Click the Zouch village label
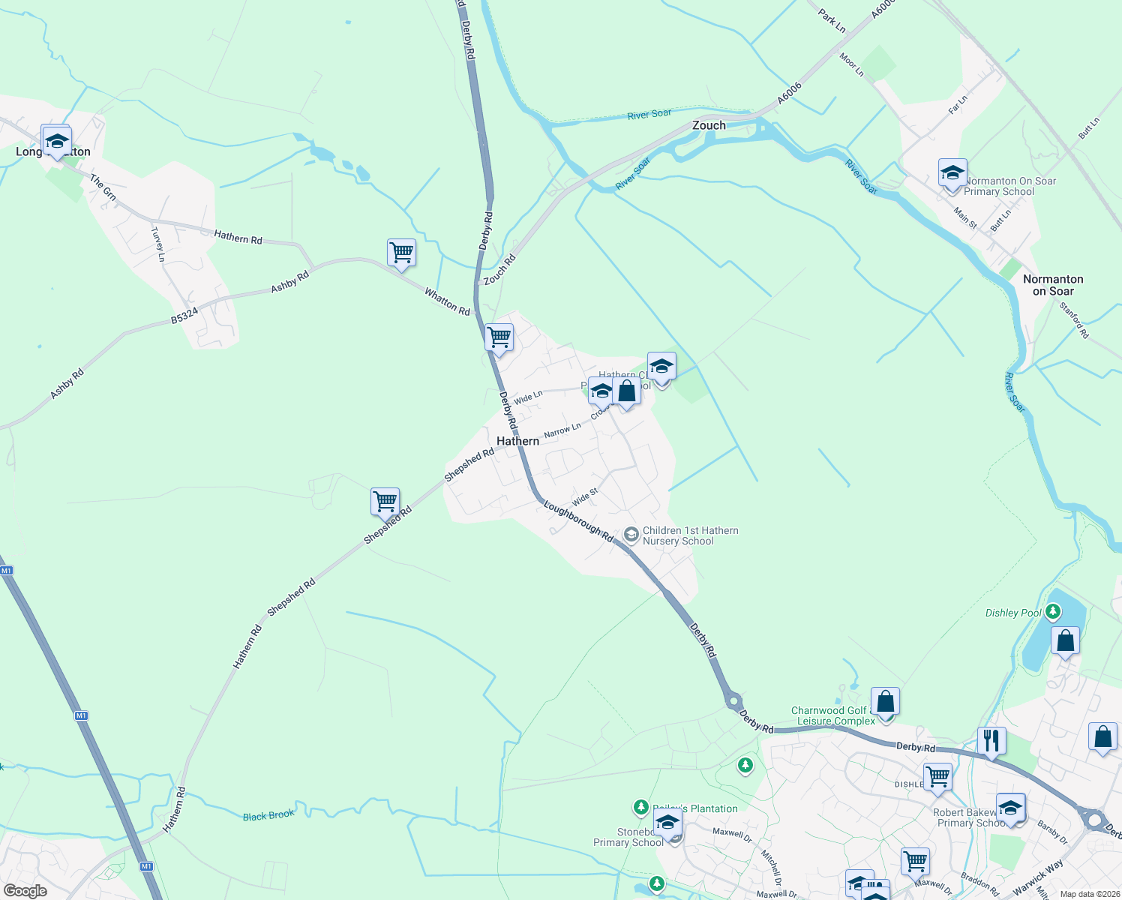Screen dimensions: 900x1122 [709, 125]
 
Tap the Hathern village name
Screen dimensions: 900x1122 [517, 441]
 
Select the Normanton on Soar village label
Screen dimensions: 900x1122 [1053, 285]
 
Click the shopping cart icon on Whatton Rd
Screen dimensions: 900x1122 [401, 253]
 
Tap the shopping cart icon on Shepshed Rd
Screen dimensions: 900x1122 [385, 501]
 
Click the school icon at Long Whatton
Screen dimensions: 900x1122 [56, 141]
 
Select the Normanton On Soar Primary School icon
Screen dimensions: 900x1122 [952, 174]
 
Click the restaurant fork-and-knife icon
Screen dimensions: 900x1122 [991, 741]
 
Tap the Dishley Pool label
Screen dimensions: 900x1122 [1013, 613]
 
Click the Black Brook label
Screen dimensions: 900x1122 [268, 816]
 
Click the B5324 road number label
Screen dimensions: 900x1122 [184, 315]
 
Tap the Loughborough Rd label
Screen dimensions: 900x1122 [578, 521]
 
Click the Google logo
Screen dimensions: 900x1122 [25, 891]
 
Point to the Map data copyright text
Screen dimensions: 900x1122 [1088, 894]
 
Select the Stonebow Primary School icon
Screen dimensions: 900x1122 [667, 823]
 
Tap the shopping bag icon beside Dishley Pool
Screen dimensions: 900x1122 [1064, 642]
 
